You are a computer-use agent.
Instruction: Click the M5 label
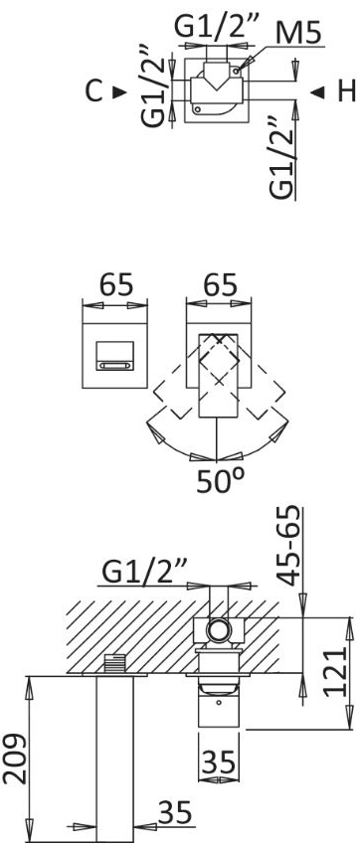coord(298,34)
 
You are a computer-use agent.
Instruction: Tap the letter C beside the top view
coord(93,91)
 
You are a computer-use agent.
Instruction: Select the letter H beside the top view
coord(346,91)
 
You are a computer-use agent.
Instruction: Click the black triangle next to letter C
coord(119,92)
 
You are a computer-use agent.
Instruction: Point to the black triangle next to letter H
coord(318,92)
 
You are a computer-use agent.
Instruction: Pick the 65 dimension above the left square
coord(114,284)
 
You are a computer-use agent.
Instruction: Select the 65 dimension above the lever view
coord(219,284)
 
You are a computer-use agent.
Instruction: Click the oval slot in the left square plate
coord(114,366)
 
